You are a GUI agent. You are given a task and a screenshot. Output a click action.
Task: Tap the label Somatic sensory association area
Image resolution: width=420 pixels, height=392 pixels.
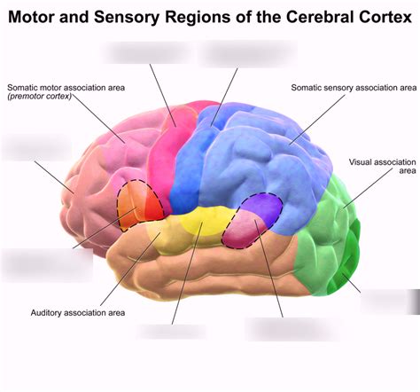click(x=354, y=88)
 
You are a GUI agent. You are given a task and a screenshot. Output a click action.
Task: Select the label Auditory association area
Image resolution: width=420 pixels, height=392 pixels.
click(x=78, y=312)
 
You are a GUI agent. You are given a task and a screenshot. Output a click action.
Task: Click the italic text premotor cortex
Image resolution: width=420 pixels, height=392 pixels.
click(x=39, y=97)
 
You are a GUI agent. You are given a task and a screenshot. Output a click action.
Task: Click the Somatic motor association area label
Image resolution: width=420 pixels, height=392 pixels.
click(x=66, y=87)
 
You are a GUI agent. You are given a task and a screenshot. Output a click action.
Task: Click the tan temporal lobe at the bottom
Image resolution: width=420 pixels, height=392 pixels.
click(x=222, y=275)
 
